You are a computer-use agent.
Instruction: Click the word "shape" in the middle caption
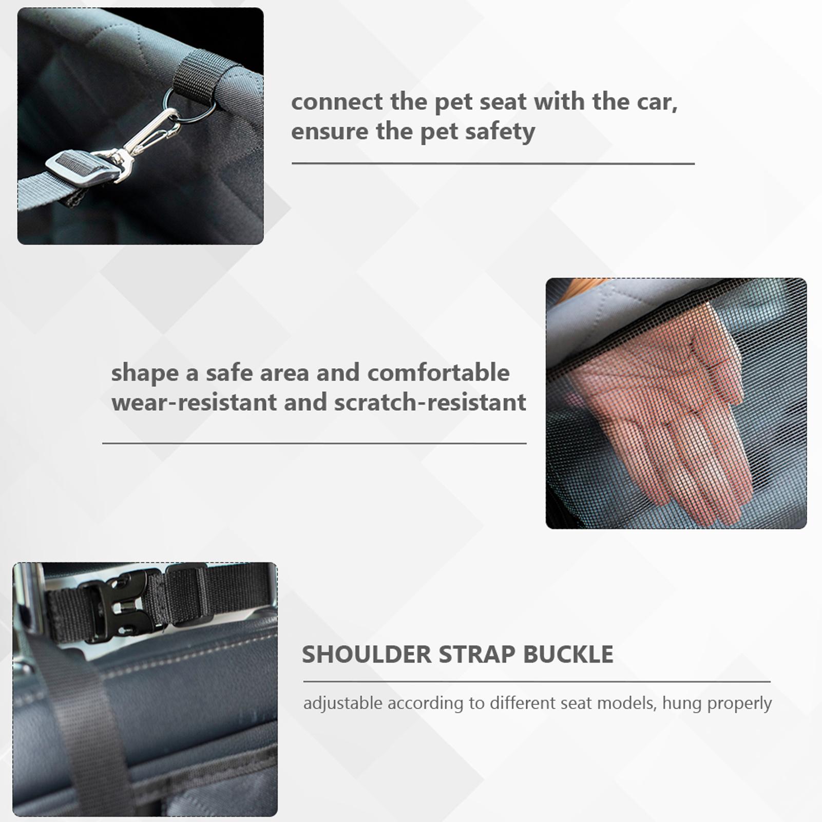click(145, 373)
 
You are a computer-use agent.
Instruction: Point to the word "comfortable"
click(438, 373)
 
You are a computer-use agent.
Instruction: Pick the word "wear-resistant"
click(194, 402)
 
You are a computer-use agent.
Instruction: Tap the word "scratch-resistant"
click(430, 402)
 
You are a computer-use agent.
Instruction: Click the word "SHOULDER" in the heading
click(367, 654)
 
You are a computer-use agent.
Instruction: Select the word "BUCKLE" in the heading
click(568, 654)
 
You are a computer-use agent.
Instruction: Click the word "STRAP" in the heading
click(477, 654)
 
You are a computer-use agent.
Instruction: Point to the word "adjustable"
click(342, 703)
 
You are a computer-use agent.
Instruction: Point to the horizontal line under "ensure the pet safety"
click(493, 164)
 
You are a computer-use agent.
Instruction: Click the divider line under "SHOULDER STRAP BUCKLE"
click(537, 682)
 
